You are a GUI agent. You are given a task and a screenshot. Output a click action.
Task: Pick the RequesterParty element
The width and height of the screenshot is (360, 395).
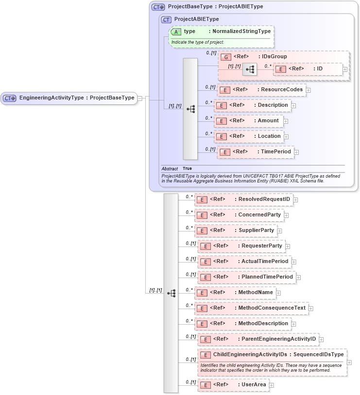(241, 246)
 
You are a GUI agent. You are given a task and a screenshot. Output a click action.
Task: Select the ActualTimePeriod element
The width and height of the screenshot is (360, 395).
(244, 262)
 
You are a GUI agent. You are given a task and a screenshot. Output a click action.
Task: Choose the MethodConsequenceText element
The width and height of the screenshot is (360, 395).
(251, 308)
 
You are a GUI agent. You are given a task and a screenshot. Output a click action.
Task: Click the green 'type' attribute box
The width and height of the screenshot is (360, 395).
(221, 32)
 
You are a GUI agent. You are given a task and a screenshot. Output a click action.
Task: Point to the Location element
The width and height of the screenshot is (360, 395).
(249, 136)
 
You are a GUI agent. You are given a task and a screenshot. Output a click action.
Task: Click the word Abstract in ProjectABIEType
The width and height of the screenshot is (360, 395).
(170, 168)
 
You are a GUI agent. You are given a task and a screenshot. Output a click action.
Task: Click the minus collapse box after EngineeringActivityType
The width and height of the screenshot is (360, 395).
(140, 98)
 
